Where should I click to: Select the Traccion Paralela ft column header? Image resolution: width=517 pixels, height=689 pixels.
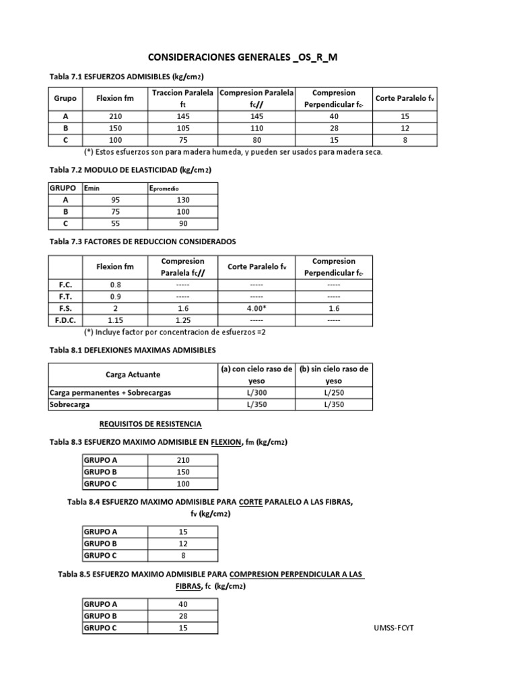click(182, 98)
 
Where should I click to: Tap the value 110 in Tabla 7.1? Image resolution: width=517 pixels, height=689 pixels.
click(255, 128)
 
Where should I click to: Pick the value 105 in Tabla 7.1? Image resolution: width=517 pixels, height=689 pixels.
click(182, 128)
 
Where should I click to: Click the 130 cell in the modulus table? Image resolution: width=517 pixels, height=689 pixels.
click(182, 200)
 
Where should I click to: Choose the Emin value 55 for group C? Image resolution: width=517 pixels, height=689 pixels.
click(116, 223)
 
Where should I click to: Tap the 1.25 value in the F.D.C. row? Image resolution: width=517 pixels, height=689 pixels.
click(182, 320)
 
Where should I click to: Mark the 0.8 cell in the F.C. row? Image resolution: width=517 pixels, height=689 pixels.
click(116, 285)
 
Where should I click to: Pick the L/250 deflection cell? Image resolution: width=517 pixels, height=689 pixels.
click(333, 392)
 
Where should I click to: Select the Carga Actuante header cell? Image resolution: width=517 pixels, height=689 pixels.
click(133, 374)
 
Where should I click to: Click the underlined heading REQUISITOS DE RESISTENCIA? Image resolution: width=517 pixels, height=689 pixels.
click(150, 424)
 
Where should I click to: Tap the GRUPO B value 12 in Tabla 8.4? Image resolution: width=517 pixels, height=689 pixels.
click(182, 543)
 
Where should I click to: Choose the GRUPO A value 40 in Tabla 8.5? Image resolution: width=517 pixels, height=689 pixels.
click(182, 604)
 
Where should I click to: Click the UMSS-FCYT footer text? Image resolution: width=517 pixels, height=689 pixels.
click(395, 628)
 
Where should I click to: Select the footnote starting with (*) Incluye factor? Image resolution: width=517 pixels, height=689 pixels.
click(175, 332)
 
